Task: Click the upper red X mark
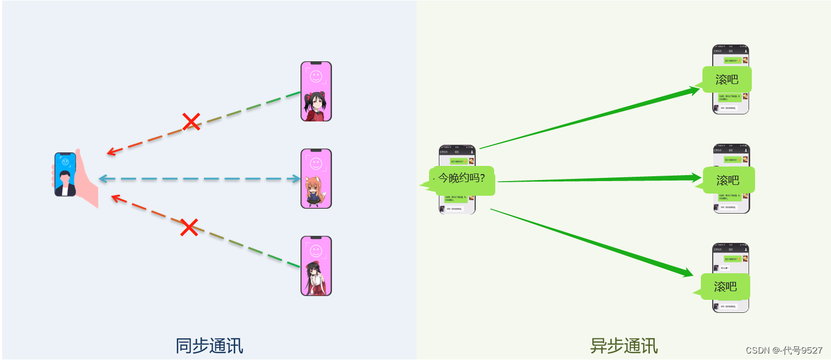coord(191,121)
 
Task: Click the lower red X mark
coord(189,227)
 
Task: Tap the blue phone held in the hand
coord(65,174)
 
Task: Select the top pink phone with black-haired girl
coord(316,91)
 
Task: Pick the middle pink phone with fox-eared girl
coord(316,178)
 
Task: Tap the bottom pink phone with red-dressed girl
coord(316,266)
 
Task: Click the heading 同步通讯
coord(209,346)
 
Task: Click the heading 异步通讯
coord(624,346)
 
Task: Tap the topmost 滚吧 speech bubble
coord(727,80)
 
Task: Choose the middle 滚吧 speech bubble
coord(728,180)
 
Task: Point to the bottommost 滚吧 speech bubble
coord(725,286)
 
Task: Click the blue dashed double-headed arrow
coord(200,179)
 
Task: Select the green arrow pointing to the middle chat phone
coord(599,179)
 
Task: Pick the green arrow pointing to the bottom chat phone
coord(591,242)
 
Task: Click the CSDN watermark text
coord(784,350)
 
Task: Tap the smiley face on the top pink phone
coord(316,76)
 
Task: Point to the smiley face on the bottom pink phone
coord(316,250)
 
